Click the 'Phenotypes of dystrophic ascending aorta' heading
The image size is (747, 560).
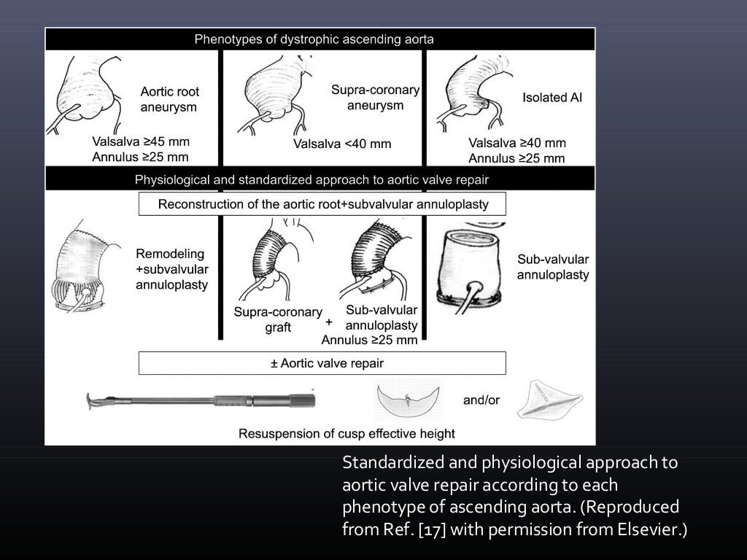(314, 39)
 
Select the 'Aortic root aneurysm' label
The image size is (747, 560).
(170, 99)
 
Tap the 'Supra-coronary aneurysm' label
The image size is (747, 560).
(376, 98)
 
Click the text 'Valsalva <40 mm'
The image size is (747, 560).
(342, 144)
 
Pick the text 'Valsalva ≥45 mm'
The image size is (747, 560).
(141, 142)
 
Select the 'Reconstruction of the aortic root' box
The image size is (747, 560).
(322, 204)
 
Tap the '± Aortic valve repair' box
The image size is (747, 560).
(322, 362)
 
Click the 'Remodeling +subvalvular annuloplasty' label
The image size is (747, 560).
(171, 269)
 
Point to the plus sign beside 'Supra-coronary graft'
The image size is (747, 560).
(329, 322)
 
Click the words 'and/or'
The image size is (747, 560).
(481, 400)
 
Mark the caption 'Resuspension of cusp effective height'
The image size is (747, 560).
(347, 434)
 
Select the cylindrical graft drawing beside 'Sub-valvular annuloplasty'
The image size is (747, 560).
(469, 267)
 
